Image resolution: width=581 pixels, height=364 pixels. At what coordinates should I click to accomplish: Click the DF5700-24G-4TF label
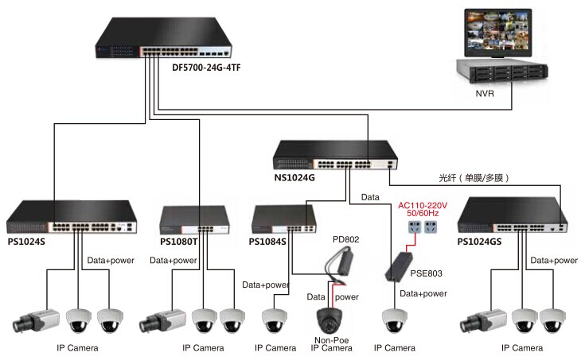206,68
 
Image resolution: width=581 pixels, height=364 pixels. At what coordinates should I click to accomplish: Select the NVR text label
485,94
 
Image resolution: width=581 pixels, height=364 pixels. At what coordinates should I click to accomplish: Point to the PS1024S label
26,242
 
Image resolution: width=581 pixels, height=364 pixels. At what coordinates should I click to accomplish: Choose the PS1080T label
178,242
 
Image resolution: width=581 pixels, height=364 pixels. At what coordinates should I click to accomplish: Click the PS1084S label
267,242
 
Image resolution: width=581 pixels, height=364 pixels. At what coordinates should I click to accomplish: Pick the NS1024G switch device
333,156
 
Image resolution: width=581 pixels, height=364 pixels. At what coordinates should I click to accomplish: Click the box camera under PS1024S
35,320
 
